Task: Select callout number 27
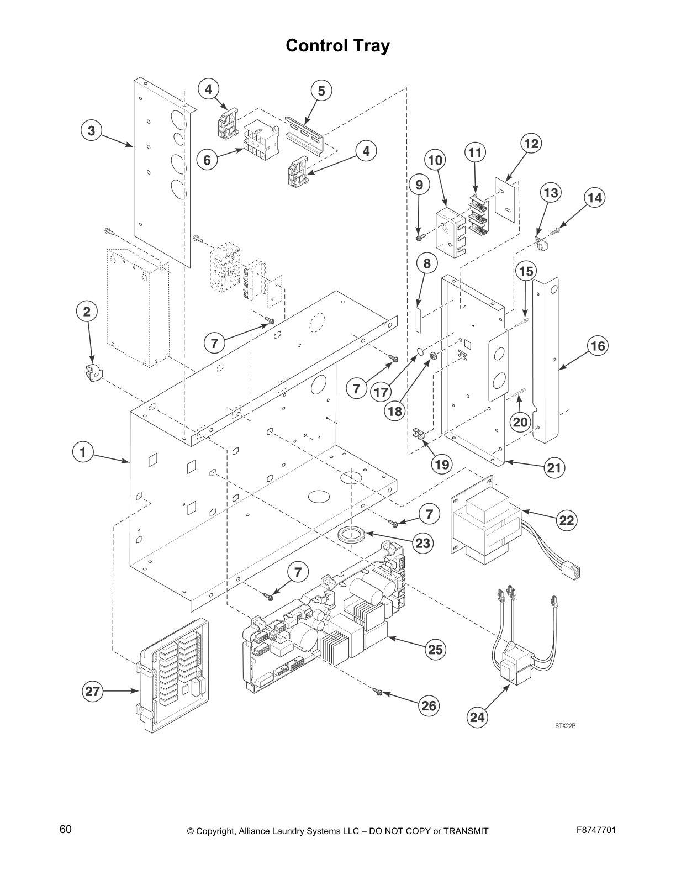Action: pos(93,692)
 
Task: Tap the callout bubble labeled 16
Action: pos(597,346)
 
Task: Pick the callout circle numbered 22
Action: pos(567,520)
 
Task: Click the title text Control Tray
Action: pos(337,46)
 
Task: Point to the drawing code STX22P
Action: pos(565,726)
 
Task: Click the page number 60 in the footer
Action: pos(65,830)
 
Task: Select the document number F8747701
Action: pos(596,830)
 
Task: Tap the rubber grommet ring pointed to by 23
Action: pos(351,535)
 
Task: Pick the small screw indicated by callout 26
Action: pos(378,690)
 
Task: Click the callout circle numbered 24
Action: pos(477,717)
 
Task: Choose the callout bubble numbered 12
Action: pos(531,144)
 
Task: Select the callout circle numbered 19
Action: pos(442,464)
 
